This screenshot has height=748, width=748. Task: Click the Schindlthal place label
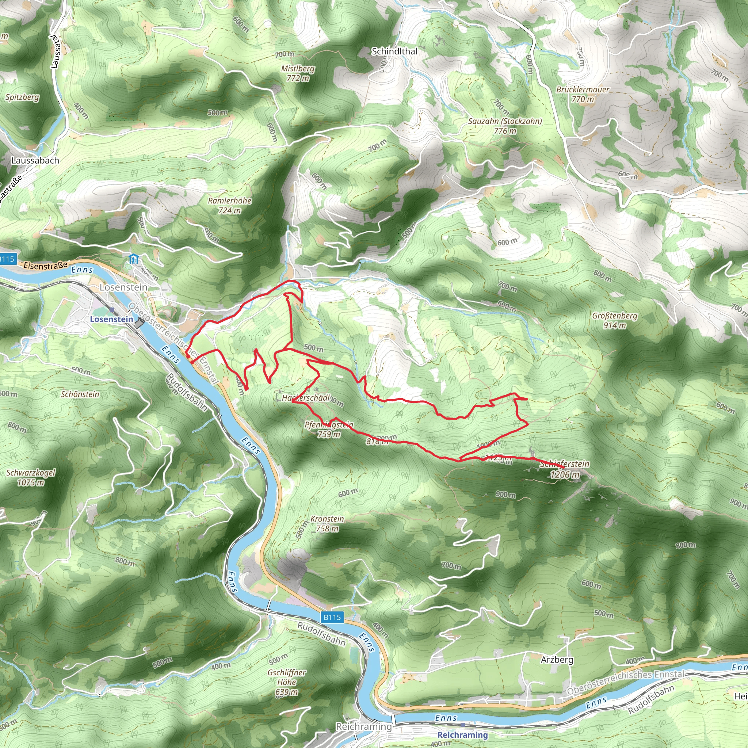(394, 51)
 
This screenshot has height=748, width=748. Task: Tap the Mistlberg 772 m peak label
(298, 73)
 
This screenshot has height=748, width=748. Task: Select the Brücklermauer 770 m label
(583, 94)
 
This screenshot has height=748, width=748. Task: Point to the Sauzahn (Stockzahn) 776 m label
(505, 126)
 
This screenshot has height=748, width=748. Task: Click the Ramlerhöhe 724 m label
(230, 206)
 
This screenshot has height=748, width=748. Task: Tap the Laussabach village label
(35, 160)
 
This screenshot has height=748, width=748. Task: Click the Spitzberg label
(22, 97)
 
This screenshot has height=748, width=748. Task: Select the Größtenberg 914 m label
(614, 320)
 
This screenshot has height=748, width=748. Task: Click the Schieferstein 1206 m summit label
(565, 469)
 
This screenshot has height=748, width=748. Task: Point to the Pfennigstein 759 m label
(329, 430)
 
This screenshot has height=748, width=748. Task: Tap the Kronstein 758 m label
(327, 523)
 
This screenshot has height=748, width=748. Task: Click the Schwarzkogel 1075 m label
(31, 477)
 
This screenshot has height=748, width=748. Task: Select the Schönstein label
(80, 394)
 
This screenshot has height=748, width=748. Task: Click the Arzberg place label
(557, 659)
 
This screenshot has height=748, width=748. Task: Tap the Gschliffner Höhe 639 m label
(287, 682)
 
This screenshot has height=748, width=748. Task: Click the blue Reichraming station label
(462, 734)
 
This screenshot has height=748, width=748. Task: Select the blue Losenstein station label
(111, 320)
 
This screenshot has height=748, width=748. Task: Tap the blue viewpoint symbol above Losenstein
(134, 259)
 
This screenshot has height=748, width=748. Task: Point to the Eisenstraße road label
(45, 266)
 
